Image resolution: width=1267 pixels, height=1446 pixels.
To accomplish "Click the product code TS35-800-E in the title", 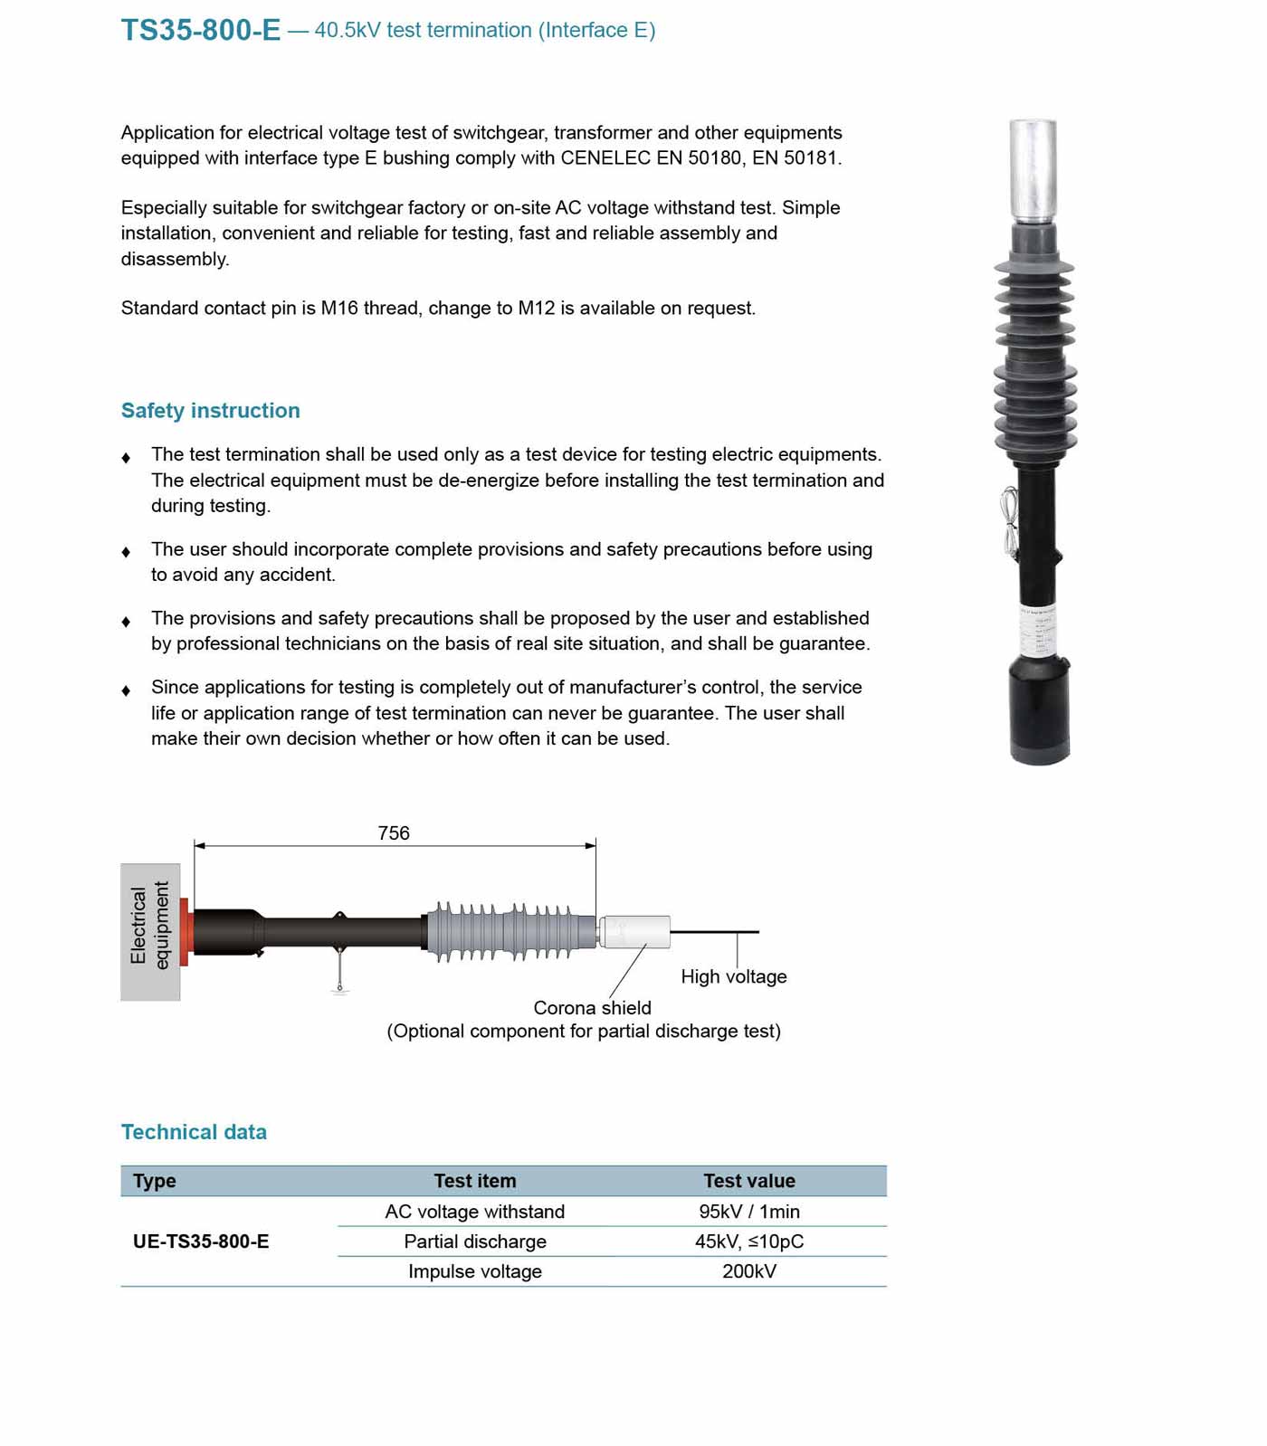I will (201, 30).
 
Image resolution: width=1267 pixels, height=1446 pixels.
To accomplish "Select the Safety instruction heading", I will (210, 411).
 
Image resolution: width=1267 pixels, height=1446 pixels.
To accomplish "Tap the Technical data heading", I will (194, 1132).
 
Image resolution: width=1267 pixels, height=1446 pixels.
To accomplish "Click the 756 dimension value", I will (394, 832).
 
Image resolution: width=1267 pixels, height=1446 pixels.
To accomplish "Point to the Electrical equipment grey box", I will (150, 932).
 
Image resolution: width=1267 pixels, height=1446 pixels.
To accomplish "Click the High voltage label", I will (733, 976).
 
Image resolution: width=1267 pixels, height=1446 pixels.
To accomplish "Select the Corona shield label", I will (592, 1008).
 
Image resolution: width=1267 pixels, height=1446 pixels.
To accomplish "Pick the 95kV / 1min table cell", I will (748, 1212).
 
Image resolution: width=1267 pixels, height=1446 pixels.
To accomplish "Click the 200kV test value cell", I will (748, 1271).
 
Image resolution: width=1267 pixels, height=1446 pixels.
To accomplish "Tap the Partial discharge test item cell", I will (475, 1241).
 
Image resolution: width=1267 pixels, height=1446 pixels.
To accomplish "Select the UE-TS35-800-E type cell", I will (201, 1241).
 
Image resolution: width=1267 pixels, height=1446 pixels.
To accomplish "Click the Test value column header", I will (748, 1181).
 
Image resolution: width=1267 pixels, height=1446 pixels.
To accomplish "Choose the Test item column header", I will (475, 1181).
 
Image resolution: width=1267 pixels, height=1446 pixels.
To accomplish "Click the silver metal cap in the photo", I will (1033, 170).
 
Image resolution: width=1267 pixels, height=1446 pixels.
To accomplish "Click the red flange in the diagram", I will (185, 932).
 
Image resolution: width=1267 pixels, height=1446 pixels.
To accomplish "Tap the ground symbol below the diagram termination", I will (339, 988).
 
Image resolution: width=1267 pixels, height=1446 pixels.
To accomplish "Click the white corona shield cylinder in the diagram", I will (635, 932).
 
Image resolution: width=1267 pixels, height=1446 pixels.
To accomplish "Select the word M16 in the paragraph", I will (339, 309).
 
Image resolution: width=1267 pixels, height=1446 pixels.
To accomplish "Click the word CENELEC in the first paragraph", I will (605, 158).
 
